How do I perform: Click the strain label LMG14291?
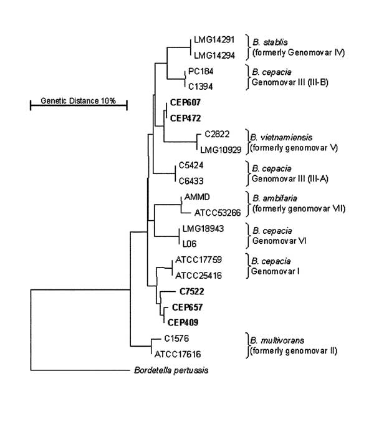pos(214,40)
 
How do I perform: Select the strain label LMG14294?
pos(214,55)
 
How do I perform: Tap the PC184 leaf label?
pos(201,72)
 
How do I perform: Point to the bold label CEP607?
pos(185,102)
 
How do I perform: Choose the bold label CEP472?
pos(185,118)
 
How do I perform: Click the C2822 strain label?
pos(217,134)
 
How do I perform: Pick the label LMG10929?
pos(221,150)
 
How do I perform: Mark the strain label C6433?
pos(191,181)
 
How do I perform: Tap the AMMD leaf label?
pos(197,197)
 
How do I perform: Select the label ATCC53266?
pos(218,213)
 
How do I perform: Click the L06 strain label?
pos(189,244)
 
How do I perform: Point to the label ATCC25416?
pos(199,276)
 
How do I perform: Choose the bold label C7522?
pos(192,291)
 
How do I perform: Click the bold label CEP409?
pos(183,322)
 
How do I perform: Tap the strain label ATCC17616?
pos(178,354)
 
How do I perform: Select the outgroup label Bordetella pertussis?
pos(171,370)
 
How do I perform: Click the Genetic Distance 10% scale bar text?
pos(78,101)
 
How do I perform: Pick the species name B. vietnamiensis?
pos(281,137)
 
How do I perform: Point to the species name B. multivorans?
pos(277,340)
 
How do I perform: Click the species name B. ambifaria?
pos(275,198)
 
